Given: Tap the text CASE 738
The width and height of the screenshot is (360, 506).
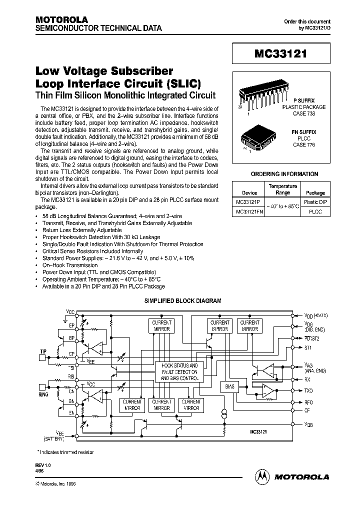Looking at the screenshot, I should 303,113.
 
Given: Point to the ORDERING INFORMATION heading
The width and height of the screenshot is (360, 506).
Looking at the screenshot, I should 283,174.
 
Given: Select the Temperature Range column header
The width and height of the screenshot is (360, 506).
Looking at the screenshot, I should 282,189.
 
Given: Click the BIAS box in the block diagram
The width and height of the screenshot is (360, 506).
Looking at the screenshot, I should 230,386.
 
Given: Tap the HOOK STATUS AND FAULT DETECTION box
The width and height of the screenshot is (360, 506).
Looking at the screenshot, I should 179,372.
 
